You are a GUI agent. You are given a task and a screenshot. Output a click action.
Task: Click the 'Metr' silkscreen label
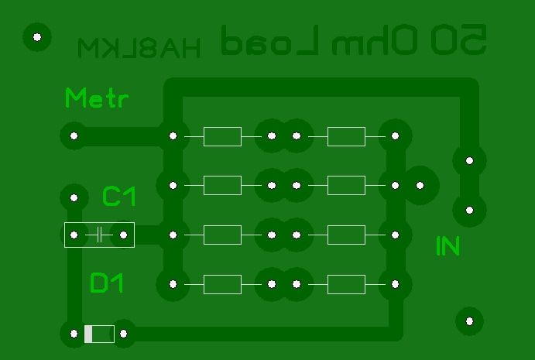point(97,99)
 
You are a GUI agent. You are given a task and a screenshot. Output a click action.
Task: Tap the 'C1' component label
point(119,197)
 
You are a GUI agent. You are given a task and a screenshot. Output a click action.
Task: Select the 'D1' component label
point(107,283)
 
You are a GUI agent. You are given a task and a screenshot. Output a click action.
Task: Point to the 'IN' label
point(448,246)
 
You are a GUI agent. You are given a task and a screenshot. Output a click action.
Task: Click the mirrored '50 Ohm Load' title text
point(354,41)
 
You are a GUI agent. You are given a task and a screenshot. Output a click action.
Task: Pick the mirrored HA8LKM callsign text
point(139,48)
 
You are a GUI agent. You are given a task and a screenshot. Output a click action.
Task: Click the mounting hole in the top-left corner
point(36,36)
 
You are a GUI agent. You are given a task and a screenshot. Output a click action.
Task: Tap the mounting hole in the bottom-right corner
point(468,320)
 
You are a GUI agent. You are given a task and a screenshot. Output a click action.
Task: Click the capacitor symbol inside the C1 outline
point(99,235)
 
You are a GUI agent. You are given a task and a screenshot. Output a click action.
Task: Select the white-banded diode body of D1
point(99,334)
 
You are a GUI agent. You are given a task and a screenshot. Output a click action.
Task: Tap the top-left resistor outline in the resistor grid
point(222,136)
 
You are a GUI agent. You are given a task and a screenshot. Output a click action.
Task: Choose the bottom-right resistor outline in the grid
point(346,284)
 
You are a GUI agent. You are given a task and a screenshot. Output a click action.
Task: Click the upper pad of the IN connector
point(469,161)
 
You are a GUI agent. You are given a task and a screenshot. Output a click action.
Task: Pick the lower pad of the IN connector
point(469,210)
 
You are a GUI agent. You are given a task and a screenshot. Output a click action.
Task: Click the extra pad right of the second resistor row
point(420,186)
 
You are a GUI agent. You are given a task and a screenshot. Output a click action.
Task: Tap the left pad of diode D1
point(74,334)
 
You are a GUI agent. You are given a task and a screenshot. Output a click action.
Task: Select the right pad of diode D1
point(123,334)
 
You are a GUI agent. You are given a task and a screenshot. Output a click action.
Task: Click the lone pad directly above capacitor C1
point(74,197)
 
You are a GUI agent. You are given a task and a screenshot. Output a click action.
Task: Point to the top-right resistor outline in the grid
point(346,136)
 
